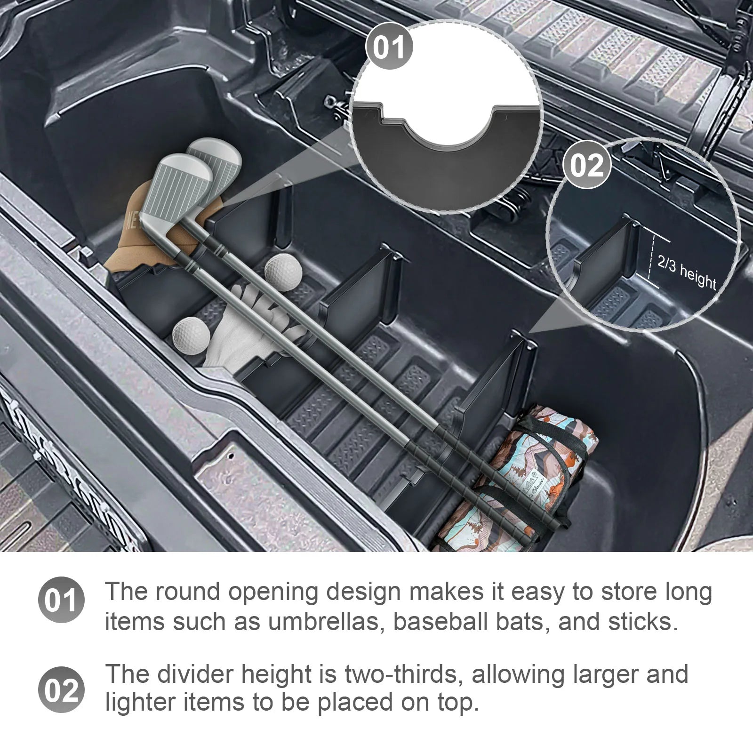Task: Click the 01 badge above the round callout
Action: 389,48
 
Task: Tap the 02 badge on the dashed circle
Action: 586,165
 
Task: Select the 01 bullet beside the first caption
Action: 61,601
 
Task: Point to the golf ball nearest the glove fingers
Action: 191,335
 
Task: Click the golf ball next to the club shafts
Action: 283,272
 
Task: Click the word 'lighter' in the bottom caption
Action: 140,702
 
